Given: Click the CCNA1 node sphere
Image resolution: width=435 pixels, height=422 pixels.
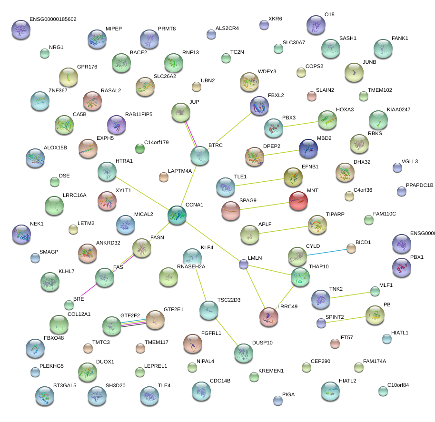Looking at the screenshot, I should coord(177,215).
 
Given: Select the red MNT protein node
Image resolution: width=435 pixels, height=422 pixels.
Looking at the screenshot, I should coord(298,201).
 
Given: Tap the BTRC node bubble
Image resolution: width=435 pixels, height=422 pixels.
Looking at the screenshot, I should coord(199,156).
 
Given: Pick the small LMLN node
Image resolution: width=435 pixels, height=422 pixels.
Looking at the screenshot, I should coord(244,265).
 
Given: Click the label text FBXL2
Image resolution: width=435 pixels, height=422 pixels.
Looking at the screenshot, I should coord(276,96).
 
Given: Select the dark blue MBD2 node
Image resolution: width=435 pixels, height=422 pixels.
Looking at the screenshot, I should coord(308,148).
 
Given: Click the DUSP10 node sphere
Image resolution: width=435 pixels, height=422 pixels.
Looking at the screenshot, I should coord(244,353).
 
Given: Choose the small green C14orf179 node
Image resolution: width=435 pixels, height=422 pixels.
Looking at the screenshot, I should coord(140,148).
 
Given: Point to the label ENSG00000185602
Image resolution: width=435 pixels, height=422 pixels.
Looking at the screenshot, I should coord(52,20).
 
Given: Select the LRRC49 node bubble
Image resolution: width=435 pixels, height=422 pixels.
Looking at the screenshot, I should coord(269,317).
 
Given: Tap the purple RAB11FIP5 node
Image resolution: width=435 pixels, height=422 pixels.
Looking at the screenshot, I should coord(117,125).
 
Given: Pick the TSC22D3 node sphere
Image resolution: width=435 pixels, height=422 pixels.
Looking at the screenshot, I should coord(208,310).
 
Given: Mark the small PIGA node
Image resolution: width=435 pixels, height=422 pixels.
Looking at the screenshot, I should coord(278,400).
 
